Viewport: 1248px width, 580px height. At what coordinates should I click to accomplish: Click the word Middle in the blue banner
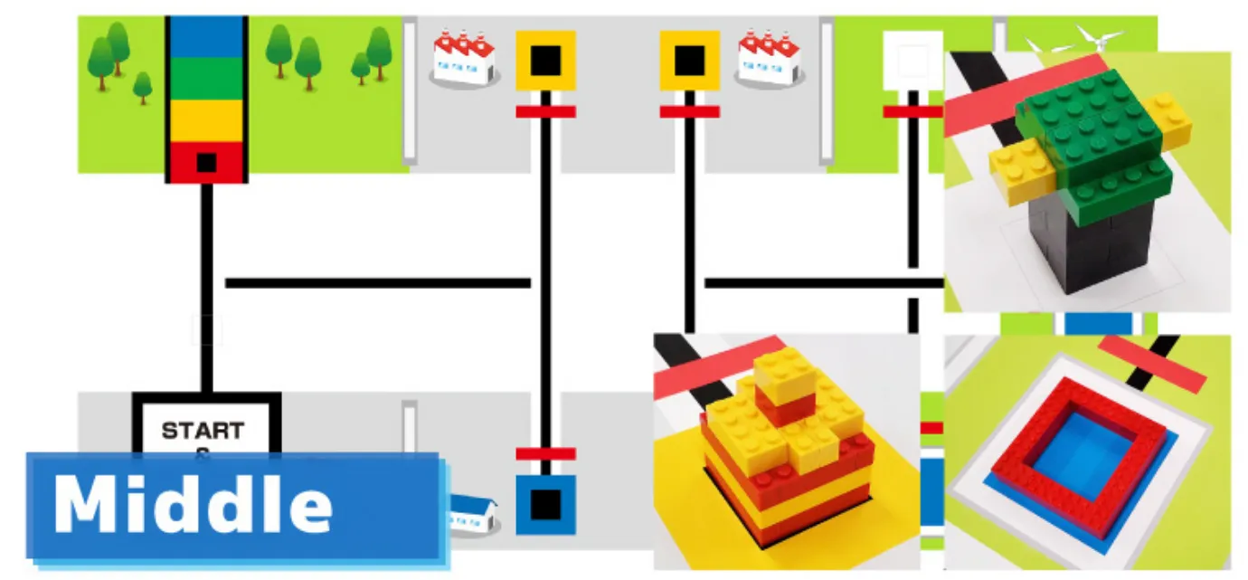193,504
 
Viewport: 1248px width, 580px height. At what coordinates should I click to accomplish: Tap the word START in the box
203,430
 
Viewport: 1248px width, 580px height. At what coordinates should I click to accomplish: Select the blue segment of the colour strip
206,37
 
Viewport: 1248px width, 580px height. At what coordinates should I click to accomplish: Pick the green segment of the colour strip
206,79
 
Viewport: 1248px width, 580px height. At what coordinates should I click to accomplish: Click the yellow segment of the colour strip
206,120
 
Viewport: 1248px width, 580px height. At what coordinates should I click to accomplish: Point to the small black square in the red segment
206,163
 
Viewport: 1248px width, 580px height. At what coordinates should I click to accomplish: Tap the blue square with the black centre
545,505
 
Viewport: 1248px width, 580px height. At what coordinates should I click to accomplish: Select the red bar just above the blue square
545,453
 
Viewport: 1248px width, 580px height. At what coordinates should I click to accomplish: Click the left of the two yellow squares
545,61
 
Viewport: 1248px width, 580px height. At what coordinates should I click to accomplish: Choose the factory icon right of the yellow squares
768,59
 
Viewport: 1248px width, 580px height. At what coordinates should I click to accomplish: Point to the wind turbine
1095,39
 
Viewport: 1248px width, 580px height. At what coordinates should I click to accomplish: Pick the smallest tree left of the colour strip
142,88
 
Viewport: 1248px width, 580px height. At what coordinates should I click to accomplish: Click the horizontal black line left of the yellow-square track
377,283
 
